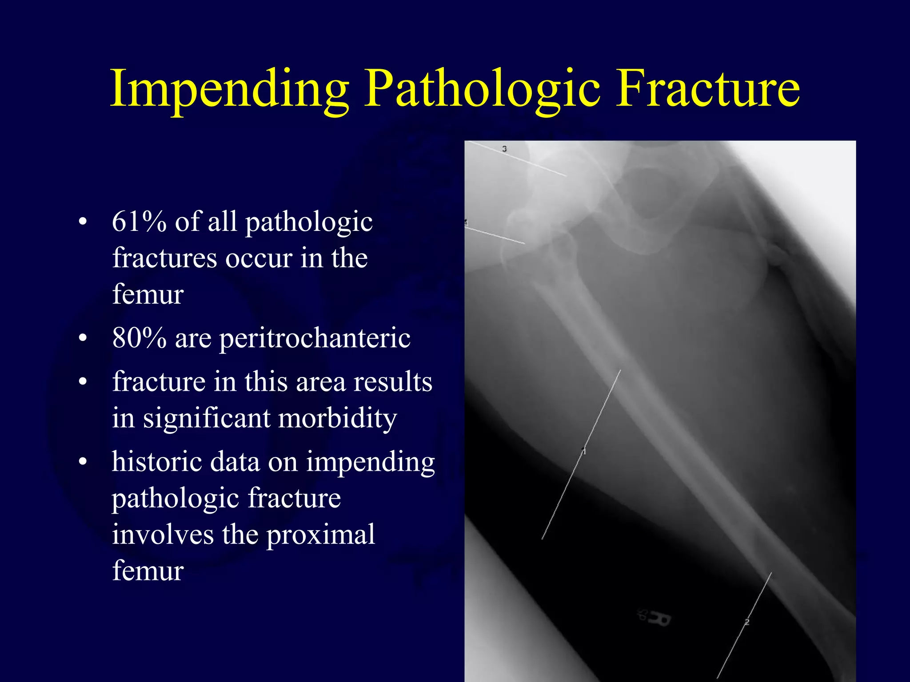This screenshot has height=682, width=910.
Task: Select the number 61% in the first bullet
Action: (139, 222)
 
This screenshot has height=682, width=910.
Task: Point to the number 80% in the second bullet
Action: (139, 338)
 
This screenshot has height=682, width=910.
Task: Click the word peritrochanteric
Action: (315, 339)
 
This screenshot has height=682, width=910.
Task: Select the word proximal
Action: (321, 534)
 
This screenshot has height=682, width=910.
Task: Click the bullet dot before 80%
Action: (83, 339)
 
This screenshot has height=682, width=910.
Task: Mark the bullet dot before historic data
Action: (83, 462)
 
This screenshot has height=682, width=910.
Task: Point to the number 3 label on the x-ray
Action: (504, 149)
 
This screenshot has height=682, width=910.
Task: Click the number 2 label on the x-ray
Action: (747, 622)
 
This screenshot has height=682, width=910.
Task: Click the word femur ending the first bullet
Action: (148, 294)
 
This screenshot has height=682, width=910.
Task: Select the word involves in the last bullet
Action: (163, 534)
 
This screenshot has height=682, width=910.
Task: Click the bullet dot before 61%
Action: (83, 222)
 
